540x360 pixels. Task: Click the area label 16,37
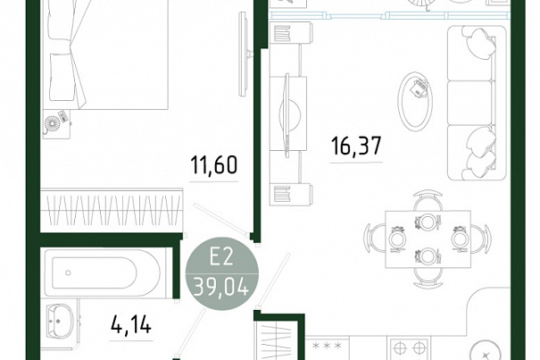356,146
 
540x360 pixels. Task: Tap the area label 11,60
214,165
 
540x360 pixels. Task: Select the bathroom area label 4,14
131,325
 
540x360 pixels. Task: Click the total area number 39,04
221,287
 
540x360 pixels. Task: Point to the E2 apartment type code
221,257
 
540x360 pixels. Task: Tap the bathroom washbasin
61,321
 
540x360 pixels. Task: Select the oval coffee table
415,101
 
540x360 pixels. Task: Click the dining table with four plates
428,239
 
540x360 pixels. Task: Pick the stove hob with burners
409,349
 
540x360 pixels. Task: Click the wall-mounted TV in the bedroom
244,54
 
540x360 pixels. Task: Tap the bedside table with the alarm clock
57,124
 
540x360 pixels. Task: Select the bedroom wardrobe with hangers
112,210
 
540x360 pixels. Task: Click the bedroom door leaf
221,220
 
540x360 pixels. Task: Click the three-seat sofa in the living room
477,103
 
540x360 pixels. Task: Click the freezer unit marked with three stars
328,348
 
